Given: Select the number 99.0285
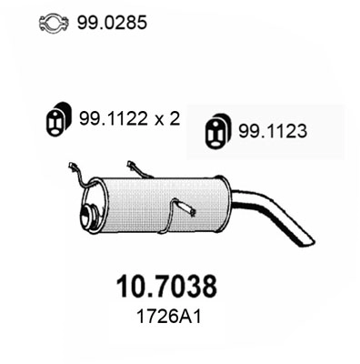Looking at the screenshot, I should [x=115, y=20].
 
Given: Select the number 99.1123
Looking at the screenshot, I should [x=274, y=130].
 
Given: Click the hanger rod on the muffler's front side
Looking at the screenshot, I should [x=186, y=211].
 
